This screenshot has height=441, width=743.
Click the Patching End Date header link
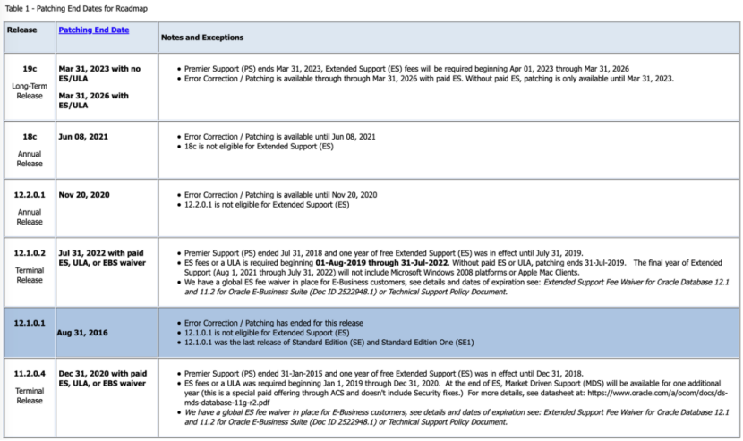point(93,30)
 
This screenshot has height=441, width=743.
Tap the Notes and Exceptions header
point(201,38)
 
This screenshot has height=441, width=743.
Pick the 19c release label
point(30,68)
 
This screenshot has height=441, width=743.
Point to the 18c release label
point(30,137)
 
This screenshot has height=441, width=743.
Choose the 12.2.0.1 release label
point(30,194)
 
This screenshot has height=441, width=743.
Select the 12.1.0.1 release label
point(30,323)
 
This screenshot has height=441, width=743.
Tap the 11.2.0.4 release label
point(30,373)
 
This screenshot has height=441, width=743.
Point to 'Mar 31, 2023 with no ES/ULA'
point(99,73)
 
